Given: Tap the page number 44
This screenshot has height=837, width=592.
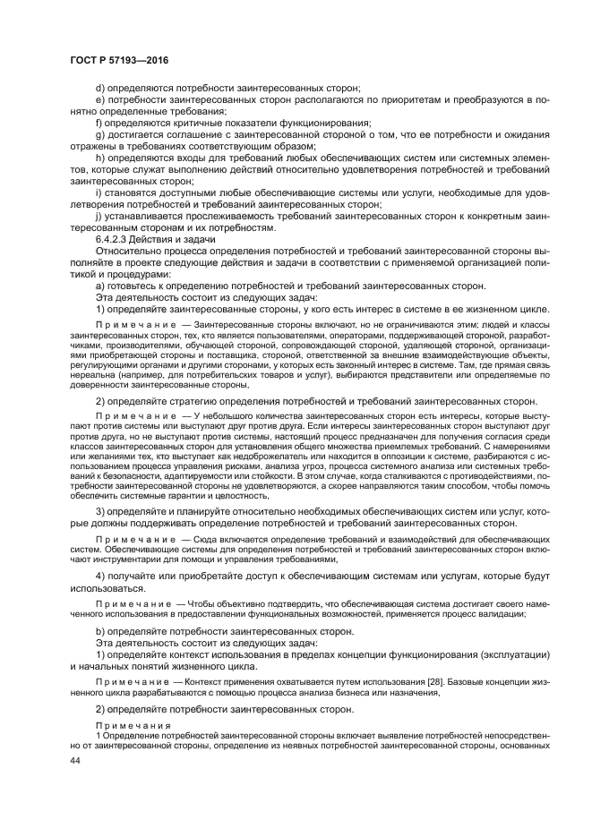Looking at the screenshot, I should click(76, 759).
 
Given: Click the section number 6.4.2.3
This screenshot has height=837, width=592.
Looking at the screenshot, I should click(114, 239).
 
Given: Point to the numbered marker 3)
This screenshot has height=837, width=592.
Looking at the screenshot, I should click(100, 510).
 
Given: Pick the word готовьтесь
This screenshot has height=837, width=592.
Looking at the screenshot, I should click(137, 286).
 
